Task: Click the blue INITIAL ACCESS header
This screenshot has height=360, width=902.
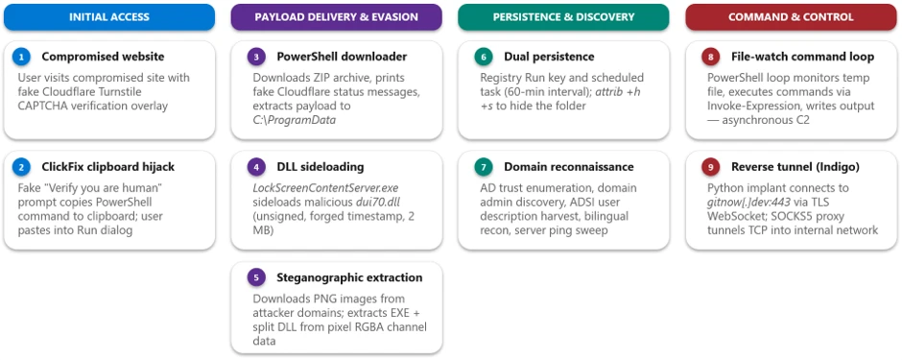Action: (109, 17)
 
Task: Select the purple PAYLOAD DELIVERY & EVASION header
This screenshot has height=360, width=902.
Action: (337, 17)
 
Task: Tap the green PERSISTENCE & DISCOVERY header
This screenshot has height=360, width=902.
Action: (564, 17)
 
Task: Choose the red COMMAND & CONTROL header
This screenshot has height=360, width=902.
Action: (791, 17)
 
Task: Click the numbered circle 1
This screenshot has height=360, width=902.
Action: (21, 57)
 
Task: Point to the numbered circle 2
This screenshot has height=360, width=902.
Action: (21, 167)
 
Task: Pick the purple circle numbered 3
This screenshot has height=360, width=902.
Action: (256, 57)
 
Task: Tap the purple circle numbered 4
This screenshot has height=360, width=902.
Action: (256, 167)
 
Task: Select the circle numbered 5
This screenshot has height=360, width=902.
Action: (256, 277)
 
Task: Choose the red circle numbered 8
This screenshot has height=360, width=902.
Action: (710, 57)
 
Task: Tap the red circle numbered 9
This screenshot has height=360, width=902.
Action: (710, 167)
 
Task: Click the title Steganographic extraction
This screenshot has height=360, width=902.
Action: (349, 277)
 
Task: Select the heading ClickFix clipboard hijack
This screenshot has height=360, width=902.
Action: (108, 167)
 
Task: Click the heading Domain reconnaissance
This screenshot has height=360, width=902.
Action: (569, 167)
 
